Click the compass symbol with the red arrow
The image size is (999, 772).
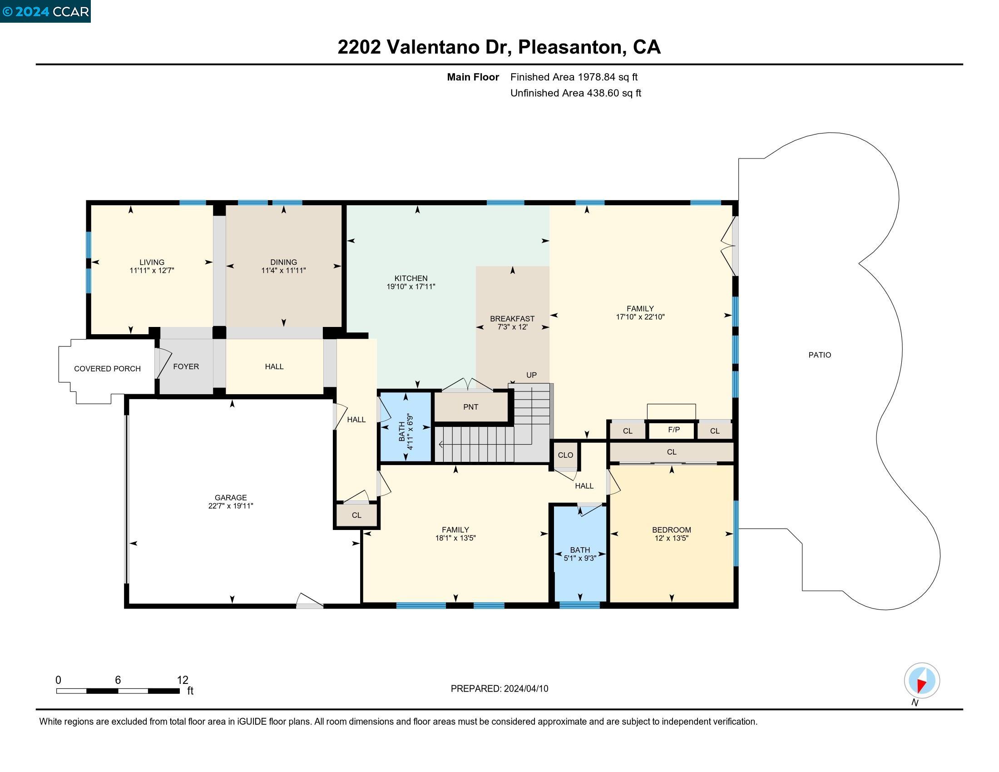922,680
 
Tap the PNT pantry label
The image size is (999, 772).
471,406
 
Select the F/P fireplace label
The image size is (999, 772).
674,430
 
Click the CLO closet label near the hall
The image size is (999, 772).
565,455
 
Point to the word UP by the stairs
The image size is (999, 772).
531,375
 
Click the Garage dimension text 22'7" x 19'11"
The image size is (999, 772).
231,506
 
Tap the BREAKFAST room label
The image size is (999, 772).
512,318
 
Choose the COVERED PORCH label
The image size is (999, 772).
107,369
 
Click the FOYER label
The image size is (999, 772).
186,366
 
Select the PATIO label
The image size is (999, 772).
819,355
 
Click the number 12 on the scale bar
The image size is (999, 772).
182,680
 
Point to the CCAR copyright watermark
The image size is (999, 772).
45,11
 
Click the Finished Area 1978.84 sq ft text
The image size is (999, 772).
574,77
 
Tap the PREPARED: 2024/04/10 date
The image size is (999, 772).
499,689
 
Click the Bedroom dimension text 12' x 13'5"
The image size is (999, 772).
671,538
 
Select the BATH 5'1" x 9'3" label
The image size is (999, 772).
579,554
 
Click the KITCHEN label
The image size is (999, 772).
411,278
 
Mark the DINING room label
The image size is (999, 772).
283,262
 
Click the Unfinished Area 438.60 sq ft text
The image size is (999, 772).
575,93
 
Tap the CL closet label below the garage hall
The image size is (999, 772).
356,515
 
